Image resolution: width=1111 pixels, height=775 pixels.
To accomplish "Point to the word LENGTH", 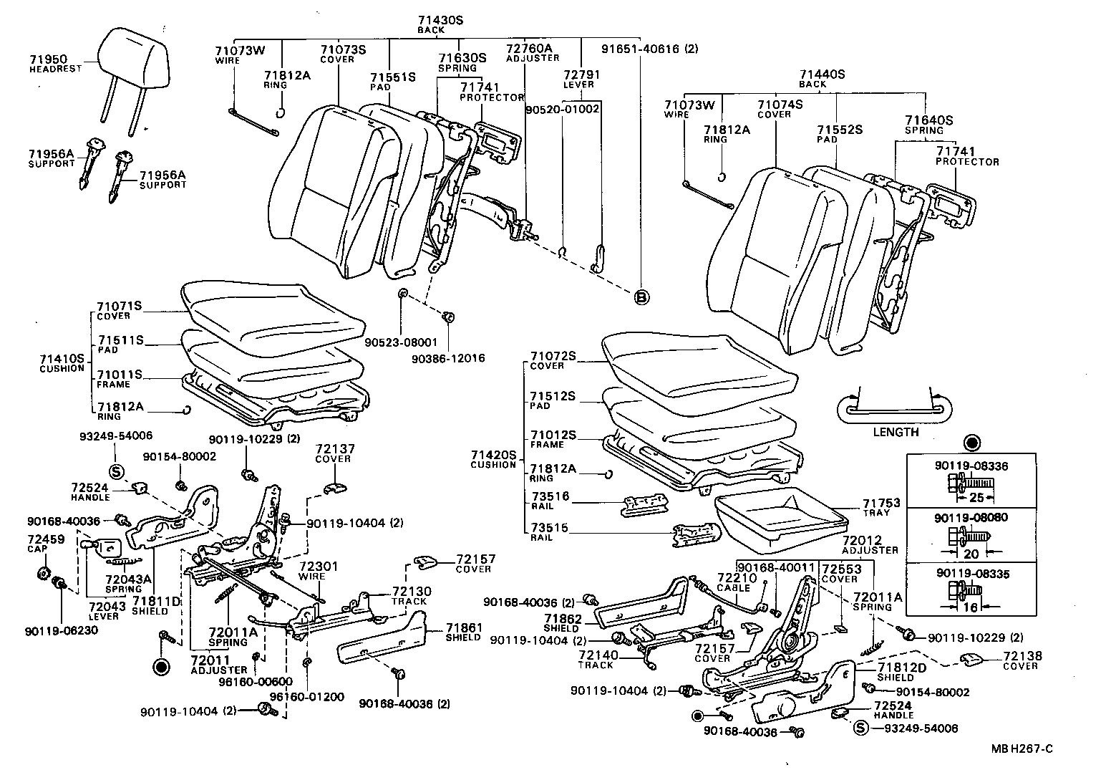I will (896, 432).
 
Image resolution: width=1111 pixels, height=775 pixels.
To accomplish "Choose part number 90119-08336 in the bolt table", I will (971, 466).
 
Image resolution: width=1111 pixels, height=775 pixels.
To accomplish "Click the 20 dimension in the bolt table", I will (971, 554).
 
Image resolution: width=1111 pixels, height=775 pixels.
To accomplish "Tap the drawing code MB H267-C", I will (1022, 749).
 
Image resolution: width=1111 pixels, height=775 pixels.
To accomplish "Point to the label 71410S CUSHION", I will (62, 362).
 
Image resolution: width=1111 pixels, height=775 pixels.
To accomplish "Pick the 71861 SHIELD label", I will (462, 632).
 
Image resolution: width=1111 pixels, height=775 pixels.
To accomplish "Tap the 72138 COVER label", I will (1022, 660).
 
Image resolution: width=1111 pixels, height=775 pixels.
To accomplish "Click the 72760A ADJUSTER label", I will (533, 52).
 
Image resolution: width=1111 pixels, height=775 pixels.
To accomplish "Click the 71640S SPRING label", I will (928, 125).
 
